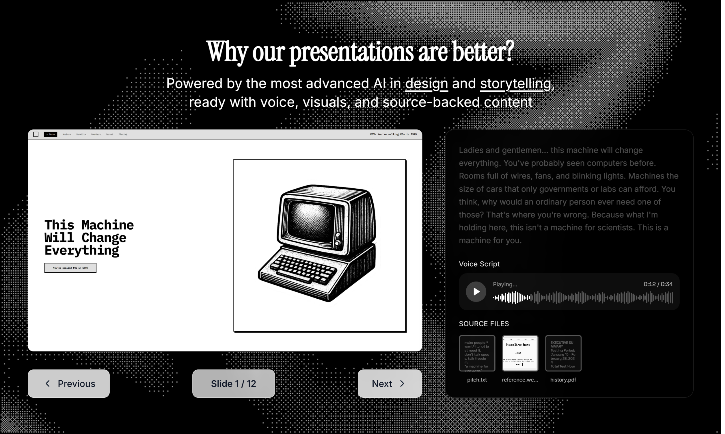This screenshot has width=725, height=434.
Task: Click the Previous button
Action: point(69,383)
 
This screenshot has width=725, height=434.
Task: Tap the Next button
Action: point(390,383)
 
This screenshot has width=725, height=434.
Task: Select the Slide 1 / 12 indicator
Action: point(233,383)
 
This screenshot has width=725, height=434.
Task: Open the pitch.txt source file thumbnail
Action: point(477,353)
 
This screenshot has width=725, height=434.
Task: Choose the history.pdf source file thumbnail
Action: point(563,353)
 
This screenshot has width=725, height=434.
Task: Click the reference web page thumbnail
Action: point(520,353)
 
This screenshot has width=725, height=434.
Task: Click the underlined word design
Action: point(426,84)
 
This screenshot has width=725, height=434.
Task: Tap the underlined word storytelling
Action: point(516,84)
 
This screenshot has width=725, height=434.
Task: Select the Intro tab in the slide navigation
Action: point(51,134)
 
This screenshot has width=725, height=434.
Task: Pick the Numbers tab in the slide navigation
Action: point(67,134)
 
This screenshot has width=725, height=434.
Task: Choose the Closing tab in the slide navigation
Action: point(123,134)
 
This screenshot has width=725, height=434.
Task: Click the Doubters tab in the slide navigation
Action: point(96,134)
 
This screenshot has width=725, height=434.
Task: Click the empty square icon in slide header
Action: point(36,134)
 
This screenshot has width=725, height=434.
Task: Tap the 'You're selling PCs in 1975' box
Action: point(71,268)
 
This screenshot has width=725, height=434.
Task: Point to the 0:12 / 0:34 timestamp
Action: point(658,284)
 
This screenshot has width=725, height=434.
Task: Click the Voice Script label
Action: point(479,264)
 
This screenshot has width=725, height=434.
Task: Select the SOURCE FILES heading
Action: point(484,324)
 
